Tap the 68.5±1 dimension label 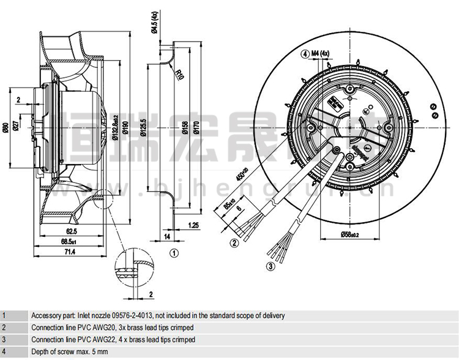point(72,241)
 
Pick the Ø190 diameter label point(125,127)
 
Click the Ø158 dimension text point(185,128)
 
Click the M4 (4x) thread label point(320,54)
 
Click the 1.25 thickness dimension point(193,225)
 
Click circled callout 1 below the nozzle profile point(174,252)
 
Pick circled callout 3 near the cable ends point(270,266)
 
